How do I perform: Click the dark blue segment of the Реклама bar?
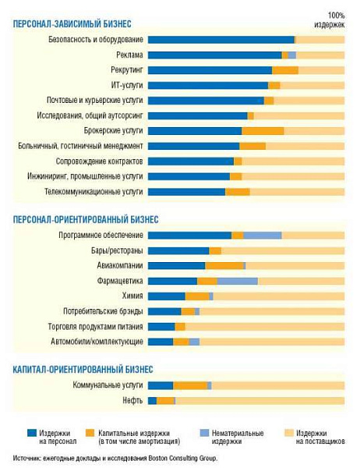(x=215, y=55)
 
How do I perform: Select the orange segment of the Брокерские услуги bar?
(x=263, y=131)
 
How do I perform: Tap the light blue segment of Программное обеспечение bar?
(x=263, y=236)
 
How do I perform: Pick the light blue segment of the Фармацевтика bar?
(x=238, y=281)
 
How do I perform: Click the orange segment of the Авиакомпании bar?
(x=224, y=266)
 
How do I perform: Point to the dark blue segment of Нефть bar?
(x=152, y=401)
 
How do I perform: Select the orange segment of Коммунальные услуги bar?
(x=190, y=385)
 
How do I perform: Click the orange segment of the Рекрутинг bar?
(x=285, y=70)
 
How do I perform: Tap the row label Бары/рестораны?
(x=117, y=250)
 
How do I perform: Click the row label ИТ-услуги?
(x=127, y=85)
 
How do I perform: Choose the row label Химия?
(x=132, y=296)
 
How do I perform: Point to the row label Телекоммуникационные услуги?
(x=94, y=192)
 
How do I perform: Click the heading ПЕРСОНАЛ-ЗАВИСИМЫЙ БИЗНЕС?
(x=72, y=24)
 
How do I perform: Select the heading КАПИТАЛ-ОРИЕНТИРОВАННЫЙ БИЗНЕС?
(x=83, y=370)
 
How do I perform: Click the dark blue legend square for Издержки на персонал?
(x=32, y=433)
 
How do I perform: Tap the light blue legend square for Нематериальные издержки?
(x=205, y=433)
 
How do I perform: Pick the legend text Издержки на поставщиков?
(x=320, y=438)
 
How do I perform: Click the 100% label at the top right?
(x=337, y=16)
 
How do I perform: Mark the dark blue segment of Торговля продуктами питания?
(x=161, y=327)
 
